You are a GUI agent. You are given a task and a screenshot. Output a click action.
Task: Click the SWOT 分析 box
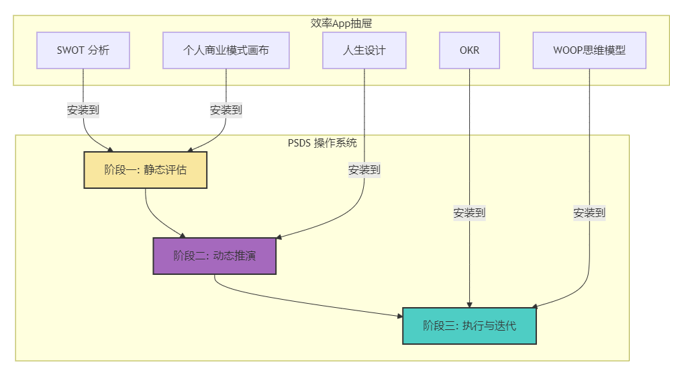click(83, 50)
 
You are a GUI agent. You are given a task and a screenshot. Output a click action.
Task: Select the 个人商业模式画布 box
click(226, 50)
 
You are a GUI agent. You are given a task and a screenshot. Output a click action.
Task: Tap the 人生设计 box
click(364, 50)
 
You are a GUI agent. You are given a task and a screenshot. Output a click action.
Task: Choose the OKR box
click(470, 50)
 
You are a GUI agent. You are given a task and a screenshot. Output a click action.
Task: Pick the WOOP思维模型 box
click(589, 50)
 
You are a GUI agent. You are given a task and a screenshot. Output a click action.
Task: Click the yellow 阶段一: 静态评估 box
click(145, 170)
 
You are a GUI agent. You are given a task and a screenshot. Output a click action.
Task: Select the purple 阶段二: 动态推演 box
click(214, 256)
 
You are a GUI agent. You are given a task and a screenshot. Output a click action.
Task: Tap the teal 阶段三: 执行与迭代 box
click(469, 326)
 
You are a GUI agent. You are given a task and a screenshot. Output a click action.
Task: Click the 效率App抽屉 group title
click(341, 24)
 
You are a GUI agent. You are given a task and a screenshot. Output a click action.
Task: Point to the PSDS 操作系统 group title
click(322, 143)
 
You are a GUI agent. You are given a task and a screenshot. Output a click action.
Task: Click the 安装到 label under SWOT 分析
click(83, 110)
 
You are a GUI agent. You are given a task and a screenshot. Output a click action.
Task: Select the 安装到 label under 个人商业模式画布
click(226, 110)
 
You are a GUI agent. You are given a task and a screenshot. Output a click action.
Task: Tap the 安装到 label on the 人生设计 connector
click(364, 170)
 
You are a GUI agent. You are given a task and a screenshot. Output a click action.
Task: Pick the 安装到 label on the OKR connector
click(470, 213)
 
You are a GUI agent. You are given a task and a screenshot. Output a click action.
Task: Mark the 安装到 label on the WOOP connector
click(589, 213)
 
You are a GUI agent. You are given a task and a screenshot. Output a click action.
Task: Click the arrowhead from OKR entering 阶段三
click(470, 304)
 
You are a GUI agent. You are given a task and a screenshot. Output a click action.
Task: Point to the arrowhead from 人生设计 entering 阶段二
click(279, 237)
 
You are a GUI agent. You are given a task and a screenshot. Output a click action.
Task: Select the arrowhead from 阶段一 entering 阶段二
click(183, 235)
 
